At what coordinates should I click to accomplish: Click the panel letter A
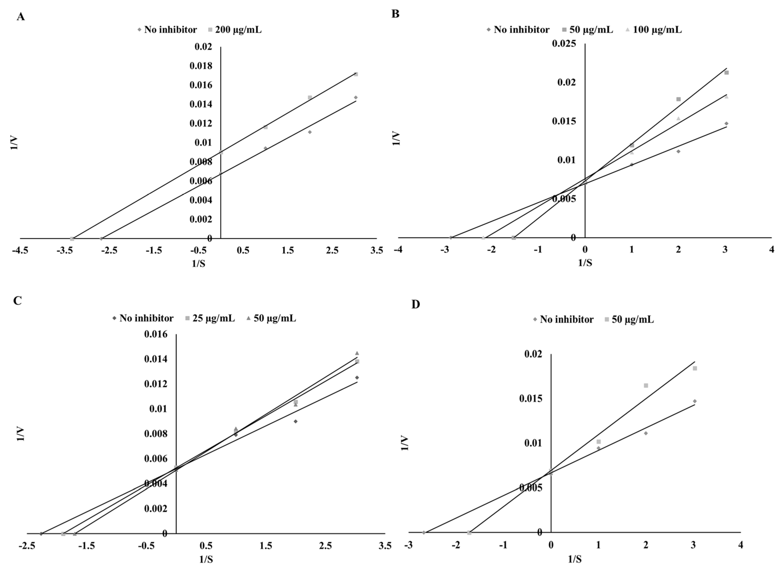(x=21, y=17)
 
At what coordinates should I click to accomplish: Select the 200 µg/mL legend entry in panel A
(x=238, y=30)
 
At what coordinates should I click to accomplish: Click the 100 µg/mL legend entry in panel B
(x=657, y=30)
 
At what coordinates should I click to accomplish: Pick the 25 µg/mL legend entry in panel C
(x=213, y=318)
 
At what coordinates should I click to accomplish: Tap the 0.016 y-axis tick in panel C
(x=156, y=334)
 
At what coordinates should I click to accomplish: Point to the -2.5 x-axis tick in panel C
(x=27, y=546)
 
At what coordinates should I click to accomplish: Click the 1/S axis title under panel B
(x=585, y=263)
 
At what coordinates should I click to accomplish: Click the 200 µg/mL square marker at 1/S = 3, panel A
(x=356, y=74)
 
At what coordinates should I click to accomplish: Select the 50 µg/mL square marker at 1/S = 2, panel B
(x=678, y=99)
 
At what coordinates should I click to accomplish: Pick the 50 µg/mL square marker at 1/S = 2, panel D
(x=646, y=385)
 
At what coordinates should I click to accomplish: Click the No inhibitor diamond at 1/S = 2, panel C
(x=296, y=421)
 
